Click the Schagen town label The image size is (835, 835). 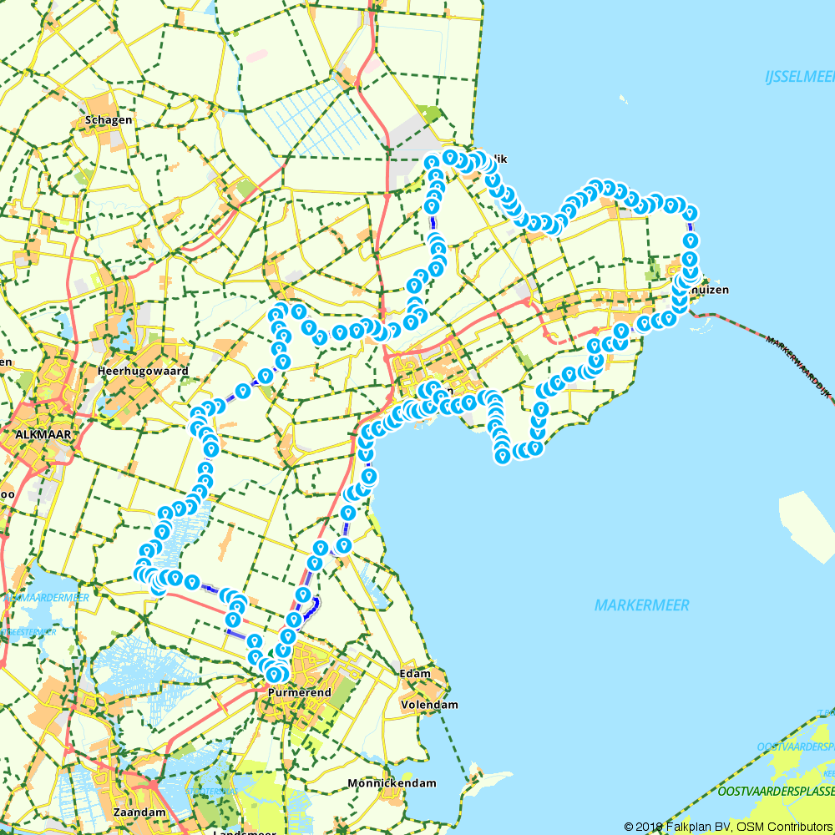pyautogui.click(x=109, y=120)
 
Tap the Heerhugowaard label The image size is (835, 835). pyautogui.click(x=144, y=371)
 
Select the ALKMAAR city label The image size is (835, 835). pyautogui.click(x=43, y=434)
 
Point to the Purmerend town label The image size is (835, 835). pyautogui.click(x=300, y=693)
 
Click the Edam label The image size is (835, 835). pyautogui.click(x=415, y=674)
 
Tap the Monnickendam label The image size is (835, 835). pyautogui.click(x=392, y=783)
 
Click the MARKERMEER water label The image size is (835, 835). pyautogui.click(x=642, y=605)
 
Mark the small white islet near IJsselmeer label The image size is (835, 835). pyautogui.click(x=623, y=100)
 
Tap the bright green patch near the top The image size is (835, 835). pyautogui.click(x=431, y=113)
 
